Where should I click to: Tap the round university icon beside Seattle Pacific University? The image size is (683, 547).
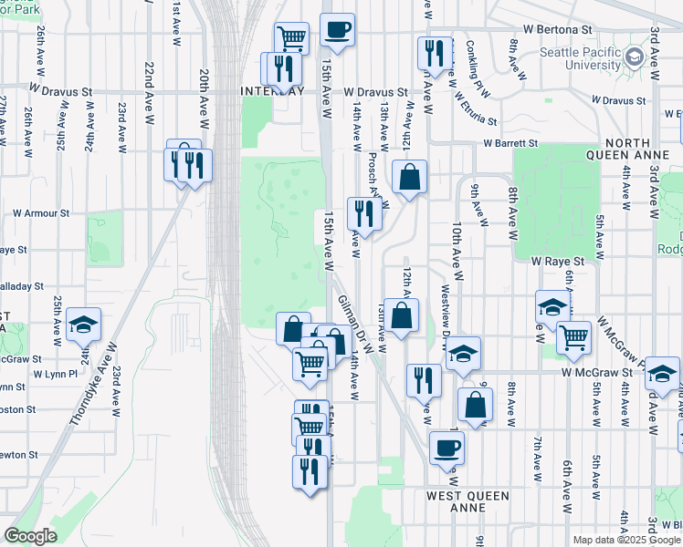pyautogui.click(x=634, y=58)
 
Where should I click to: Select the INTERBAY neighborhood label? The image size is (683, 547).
pyautogui.click(x=271, y=91)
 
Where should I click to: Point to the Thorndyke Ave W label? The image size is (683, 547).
pyautogui.click(x=92, y=386)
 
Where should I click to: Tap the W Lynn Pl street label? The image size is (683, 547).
pyautogui.click(x=54, y=374)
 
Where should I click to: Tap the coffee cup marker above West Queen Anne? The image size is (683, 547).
pyautogui.click(x=446, y=448)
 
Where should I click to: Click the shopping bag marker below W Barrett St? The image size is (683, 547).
pyautogui.click(x=410, y=177)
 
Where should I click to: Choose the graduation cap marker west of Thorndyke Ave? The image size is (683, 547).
pyautogui.click(x=83, y=324)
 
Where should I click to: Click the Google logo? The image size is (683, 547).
pyautogui.click(x=30, y=536)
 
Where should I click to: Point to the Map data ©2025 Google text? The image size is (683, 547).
pyautogui.click(x=625, y=540)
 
